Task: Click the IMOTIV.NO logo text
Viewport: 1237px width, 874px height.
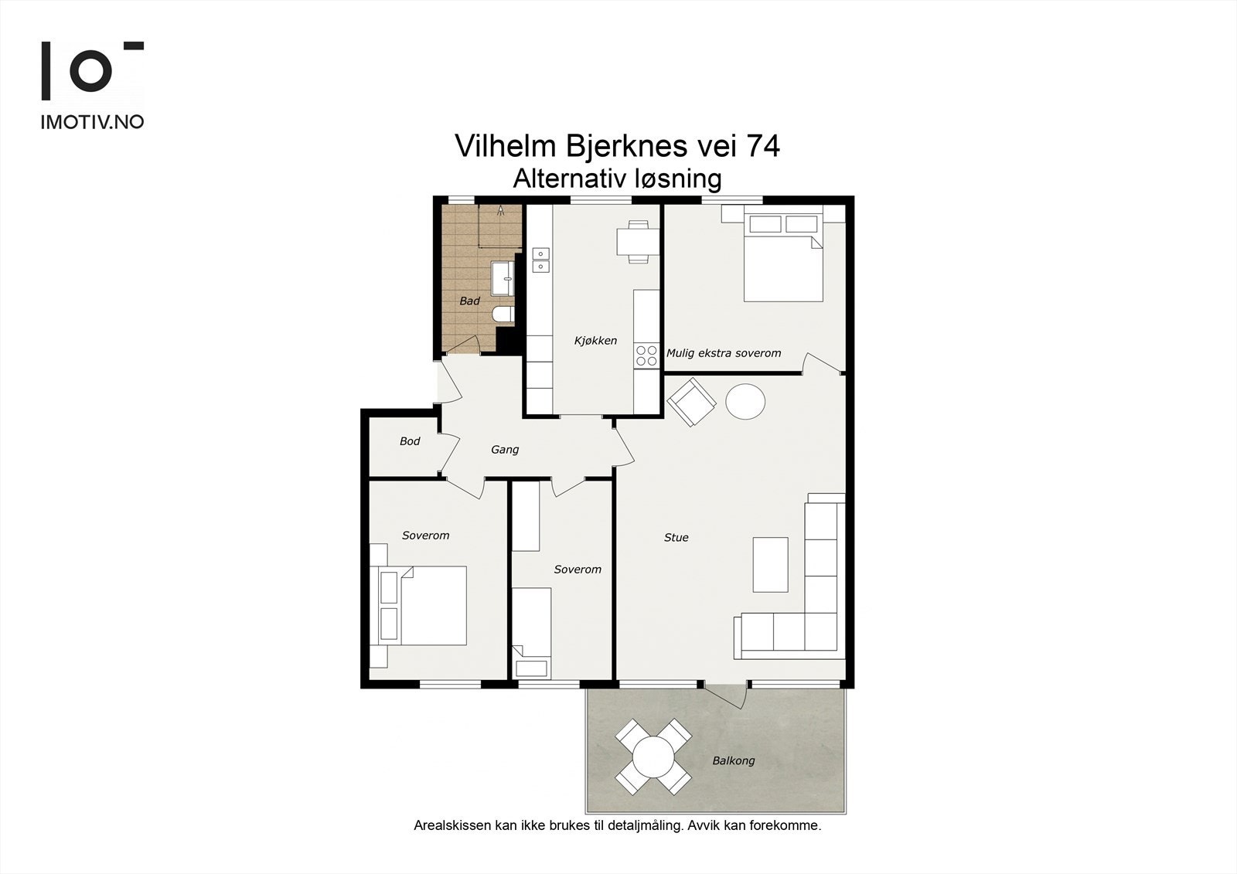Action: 92,123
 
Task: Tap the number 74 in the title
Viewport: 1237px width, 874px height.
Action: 763,146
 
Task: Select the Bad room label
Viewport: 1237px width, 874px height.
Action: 469,301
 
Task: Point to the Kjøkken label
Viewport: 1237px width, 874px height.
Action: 595,341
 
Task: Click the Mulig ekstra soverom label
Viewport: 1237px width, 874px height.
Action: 724,353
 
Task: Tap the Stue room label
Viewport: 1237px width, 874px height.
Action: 676,537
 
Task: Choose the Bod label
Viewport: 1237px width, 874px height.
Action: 410,441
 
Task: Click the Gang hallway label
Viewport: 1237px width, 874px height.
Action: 505,450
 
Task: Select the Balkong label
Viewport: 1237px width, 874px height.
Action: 734,761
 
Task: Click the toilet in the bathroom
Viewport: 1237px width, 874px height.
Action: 503,315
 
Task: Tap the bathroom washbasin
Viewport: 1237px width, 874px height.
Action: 503,279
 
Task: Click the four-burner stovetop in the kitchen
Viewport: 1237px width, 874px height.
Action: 646,355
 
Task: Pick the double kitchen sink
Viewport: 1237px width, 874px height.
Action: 540,260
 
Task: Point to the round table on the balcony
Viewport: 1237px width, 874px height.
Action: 653,757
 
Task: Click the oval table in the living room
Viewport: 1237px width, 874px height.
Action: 745,401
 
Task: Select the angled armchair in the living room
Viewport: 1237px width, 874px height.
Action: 691,402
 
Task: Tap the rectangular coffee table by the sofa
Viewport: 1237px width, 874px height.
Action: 770,565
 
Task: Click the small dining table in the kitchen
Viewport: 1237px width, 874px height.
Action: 638,241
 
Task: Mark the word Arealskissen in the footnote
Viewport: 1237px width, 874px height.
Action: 452,826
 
